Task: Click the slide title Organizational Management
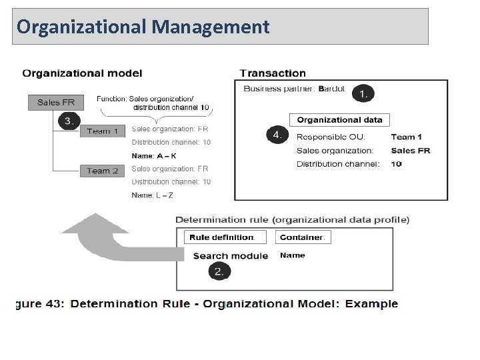pyautogui.click(x=143, y=27)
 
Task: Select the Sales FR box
pyautogui.click(x=56, y=103)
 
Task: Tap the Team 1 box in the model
pyautogui.click(x=102, y=131)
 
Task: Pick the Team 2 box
pyautogui.click(x=102, y=171)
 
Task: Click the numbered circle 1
pyautogui.click(x=363, y=93)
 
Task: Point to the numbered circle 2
pyautogui.click(x=219, y=271)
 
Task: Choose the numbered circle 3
pyautogui.click(x=69, y=121)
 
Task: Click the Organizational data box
pyautogui.click(x=339, y=120)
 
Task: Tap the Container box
pyautogui.click(x=303, y=237)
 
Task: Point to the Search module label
pyautogui.click(x=230, y=256)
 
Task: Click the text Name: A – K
pyautogui.click(x=154, y=156)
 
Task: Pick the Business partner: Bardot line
pyautogui.click(x=294, y=89)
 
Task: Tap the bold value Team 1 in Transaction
pyautogui.click(x=407, y=137)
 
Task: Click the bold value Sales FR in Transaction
pyautogui.click(x=410, y=151)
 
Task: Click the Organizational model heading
pyautogui.click(x=82, y=73)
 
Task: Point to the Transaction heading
pyautogui.click(x=273, y=73)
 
